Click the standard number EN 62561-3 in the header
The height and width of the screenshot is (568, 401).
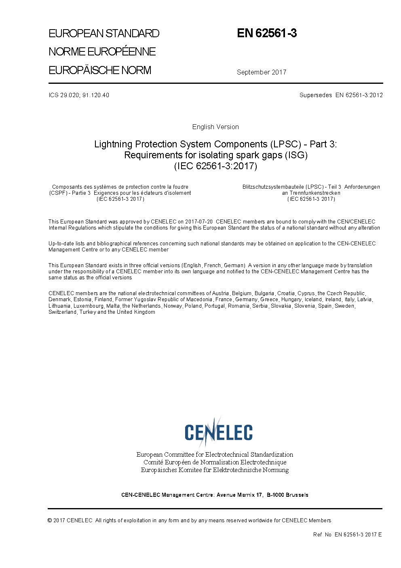point(267,33)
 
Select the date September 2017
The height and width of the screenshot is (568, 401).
point(262,72)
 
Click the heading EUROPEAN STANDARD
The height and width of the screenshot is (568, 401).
point(104,33)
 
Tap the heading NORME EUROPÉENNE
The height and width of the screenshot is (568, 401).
point(102,52)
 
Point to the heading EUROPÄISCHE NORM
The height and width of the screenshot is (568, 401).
point(100,70)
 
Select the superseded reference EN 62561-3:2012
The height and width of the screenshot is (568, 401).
point(359,95)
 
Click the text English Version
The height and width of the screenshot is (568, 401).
point(215,127)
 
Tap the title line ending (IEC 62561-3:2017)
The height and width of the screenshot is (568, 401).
point(215,166)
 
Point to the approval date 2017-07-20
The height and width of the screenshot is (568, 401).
point(199,221)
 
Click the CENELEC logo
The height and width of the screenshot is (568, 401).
point(219,432)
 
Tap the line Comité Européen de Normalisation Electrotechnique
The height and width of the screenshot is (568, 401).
point(215,462)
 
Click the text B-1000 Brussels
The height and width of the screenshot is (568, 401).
point(287,495)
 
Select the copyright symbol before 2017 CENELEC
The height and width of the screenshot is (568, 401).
point(50,520)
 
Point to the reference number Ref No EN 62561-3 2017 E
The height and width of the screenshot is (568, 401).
point(347,534)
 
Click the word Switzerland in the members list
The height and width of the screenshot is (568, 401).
point(63,312)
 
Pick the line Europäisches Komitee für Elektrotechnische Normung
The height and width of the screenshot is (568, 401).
point(215,470)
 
